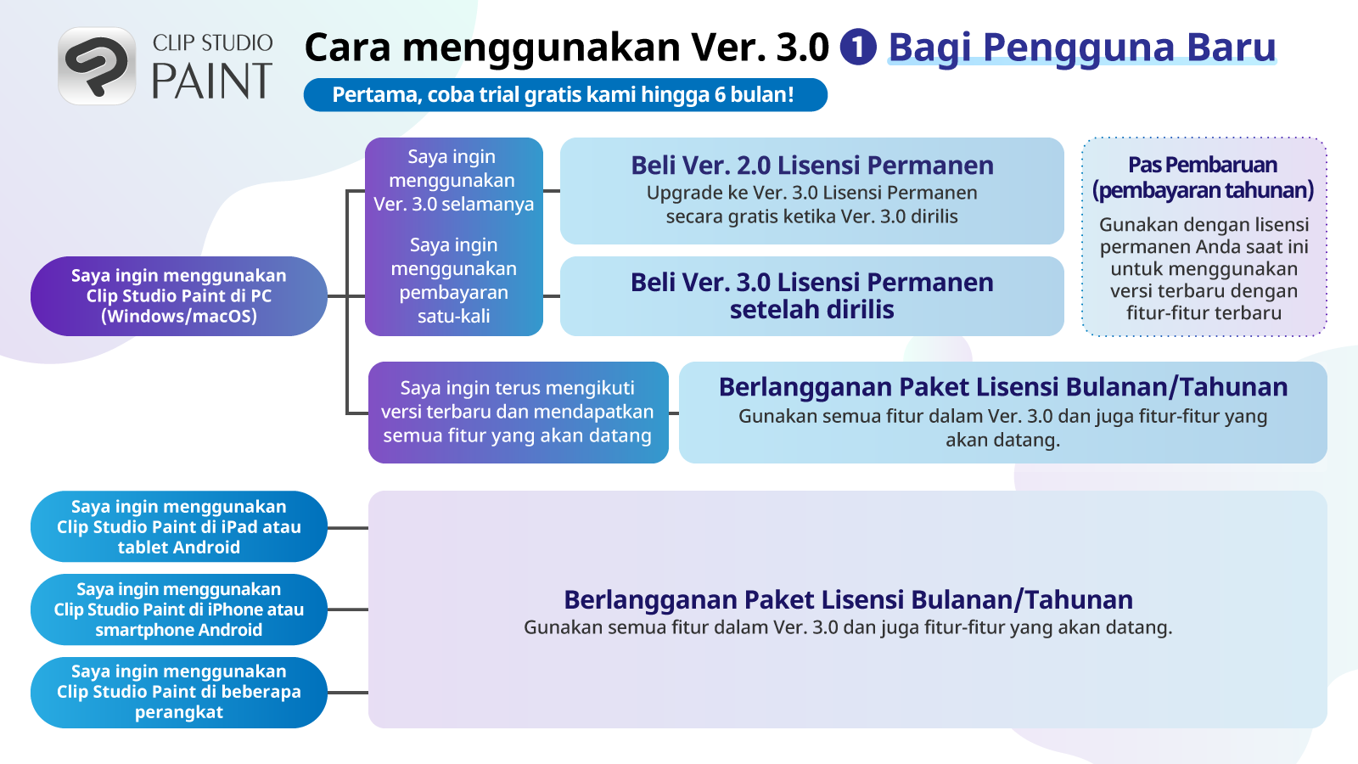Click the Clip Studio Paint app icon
coord(97,66)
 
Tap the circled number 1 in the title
coord(858,47)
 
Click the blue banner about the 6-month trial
coord(565,94)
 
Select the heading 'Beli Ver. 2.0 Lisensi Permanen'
coord(811,165)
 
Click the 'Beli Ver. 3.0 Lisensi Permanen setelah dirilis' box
coord(811,296)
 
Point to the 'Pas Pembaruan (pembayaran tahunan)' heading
coord(1204,177)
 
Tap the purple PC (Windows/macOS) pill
coord(179,296)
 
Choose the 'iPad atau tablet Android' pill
coord(179,526)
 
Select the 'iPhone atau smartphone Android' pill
coord(179,610)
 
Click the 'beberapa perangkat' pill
coord(179,693)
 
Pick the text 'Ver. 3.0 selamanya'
coord(453,204)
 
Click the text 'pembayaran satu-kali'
coord(453,304)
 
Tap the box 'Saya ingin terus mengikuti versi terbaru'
coord(519,413)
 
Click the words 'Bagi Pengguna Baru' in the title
coord(1082,47)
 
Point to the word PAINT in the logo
coord(211,81)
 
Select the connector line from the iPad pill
coord(348,527)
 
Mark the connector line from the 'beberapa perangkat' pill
coord(348,693)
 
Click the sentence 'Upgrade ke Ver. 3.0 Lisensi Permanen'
coord(811,193)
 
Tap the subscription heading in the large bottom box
coord(848,599)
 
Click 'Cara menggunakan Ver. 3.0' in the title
coord(566,48)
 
